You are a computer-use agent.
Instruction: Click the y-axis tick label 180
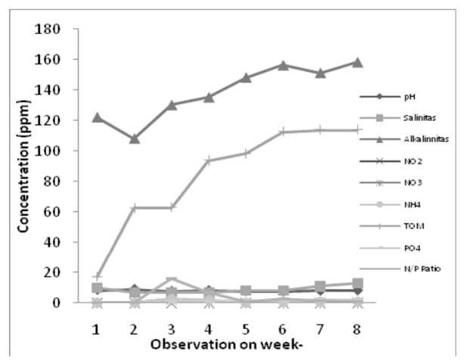tap(56, 29)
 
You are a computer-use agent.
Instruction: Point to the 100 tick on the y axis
tap(56, 151)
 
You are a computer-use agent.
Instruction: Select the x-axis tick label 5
tap(246, 330)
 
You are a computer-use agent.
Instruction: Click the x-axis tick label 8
tap(358, 330)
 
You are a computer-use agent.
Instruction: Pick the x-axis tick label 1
tap(97, 330)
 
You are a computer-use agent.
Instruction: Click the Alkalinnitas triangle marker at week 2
tap(135, 138)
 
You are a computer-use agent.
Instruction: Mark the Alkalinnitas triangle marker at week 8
tap(358, 62)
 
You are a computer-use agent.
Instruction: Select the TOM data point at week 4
tap(209, 160)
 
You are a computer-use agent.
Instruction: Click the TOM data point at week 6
tap(284, 132)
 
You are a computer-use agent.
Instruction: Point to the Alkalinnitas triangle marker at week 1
tap(97, 117)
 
